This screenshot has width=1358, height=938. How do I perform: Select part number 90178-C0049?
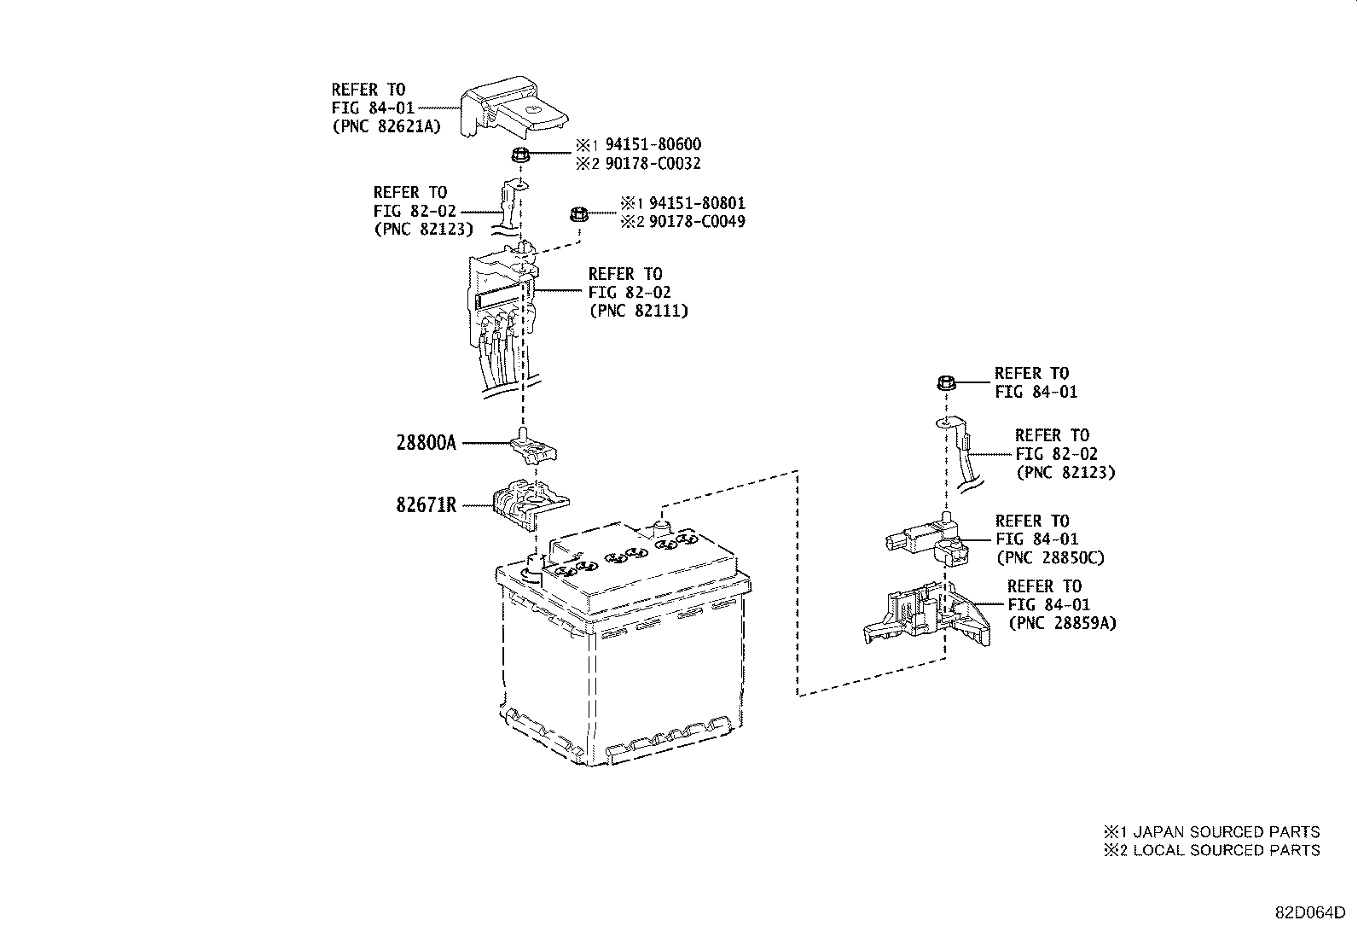click(x=696, y=222)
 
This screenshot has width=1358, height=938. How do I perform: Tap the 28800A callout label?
click(x=427, y=444)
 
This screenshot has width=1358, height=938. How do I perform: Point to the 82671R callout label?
click(x=427, y=505)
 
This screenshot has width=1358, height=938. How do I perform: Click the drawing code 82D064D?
click(x=1310, y=912)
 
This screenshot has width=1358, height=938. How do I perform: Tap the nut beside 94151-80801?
click(x=577, y=215)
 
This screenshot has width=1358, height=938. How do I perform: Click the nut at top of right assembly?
click(x=944, y=382)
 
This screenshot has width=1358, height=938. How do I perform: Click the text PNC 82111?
click(x=638, y=312)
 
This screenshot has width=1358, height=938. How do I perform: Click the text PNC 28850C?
click(x=1050, y=558)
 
